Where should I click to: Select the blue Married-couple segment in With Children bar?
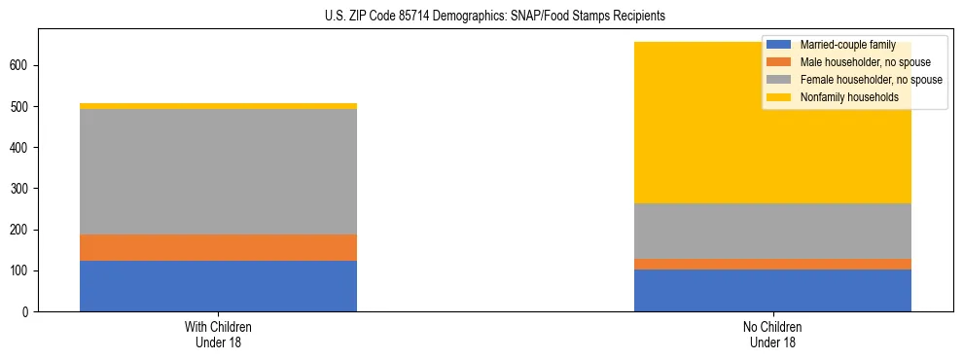218,286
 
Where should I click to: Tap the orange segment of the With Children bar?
218,247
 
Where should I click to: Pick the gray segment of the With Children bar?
218,171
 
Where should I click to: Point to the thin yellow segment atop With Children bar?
218,106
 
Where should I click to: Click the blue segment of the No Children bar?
772,290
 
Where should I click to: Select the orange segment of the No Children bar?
772,264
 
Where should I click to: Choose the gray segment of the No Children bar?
772,231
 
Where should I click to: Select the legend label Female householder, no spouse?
871,80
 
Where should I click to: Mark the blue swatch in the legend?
779,45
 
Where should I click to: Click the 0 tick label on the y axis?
29,311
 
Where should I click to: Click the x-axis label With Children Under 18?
218,334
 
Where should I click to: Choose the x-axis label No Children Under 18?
772,334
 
